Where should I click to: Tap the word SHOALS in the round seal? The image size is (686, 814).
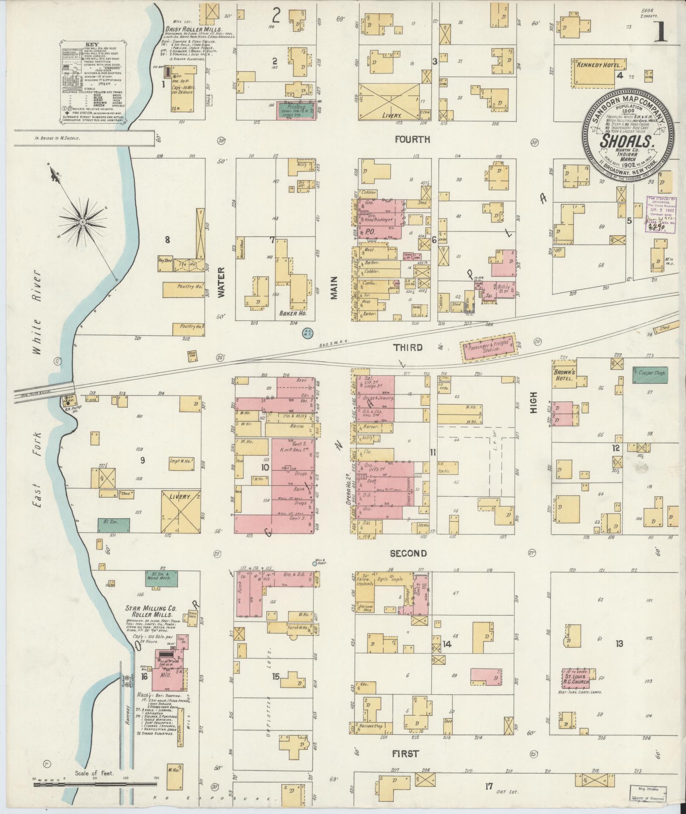click(x=626, y=141)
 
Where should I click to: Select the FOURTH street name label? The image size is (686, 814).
click(x=412, y=139)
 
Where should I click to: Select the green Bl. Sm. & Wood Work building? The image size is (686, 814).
click(x=161, y=579)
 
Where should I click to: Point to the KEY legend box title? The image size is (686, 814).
click(x=91, y=45)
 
